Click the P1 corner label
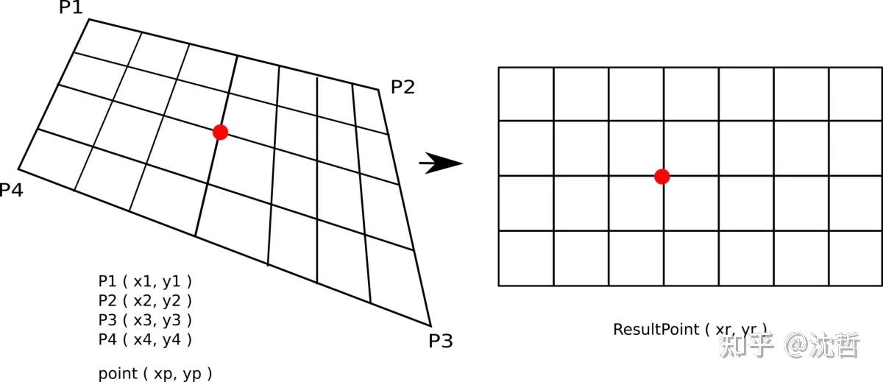pyautogui.click(x=71, y=8)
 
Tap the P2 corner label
pyautogui.click(x=403, y=88)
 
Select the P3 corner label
pyautogui.click(x=440, y=341)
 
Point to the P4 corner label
pyautogui.click(x=11, y=191)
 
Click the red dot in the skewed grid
pyautogui.click(x=220, y=132)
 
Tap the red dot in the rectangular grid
pyautogui.click(x=662, y=176)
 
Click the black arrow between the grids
pyautogui.click(x=441, y=163)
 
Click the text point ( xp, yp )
pyautogui.click(x=155, y=373)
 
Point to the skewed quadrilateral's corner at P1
pyautogui.click(x=89, y=19)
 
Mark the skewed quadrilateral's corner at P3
pyautogui.click(x=430, y=324)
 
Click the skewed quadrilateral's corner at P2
pyautogui.click(x=379, y=90)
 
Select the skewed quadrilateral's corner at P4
pyautogui.click(x=18, y=166)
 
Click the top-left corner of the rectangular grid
pyautogui.click(x=499, y=68)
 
